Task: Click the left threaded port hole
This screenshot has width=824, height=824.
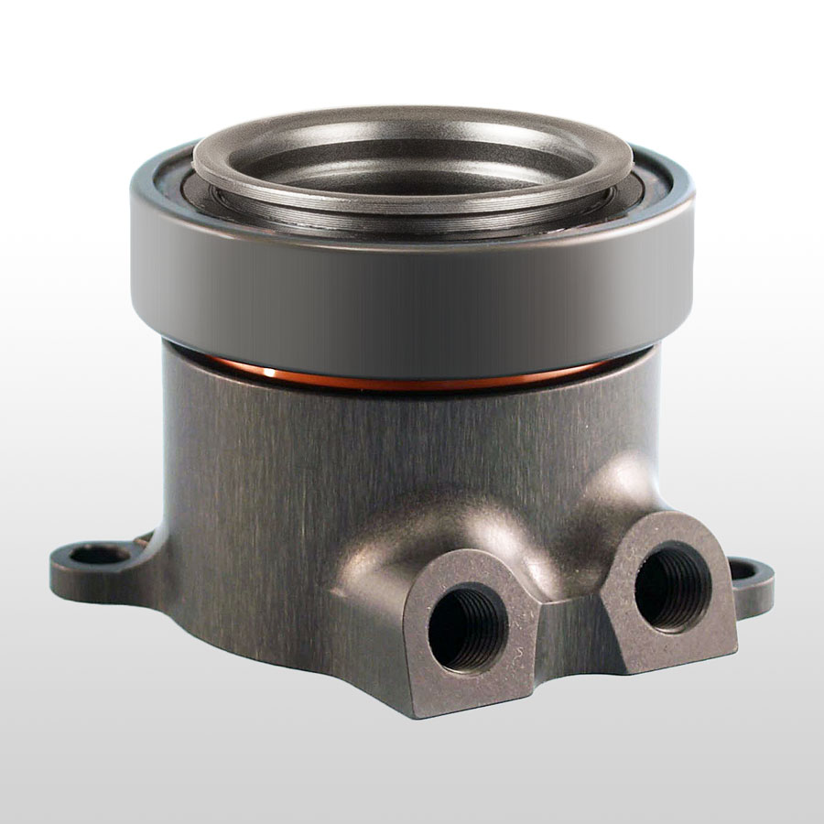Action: (467, 626)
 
